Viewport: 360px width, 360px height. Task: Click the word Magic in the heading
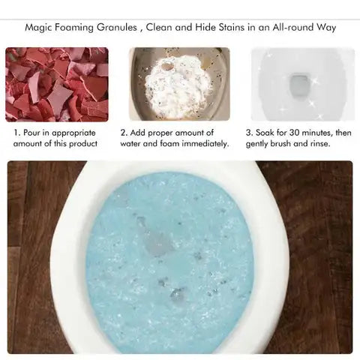[x=38, y=28]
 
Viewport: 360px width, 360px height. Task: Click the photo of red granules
[x=57, y=84]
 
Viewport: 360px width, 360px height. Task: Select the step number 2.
[x=123, y=132]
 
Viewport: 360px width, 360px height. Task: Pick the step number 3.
[x=248, y=132]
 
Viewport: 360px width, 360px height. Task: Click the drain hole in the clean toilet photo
[x=298, y=79]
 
